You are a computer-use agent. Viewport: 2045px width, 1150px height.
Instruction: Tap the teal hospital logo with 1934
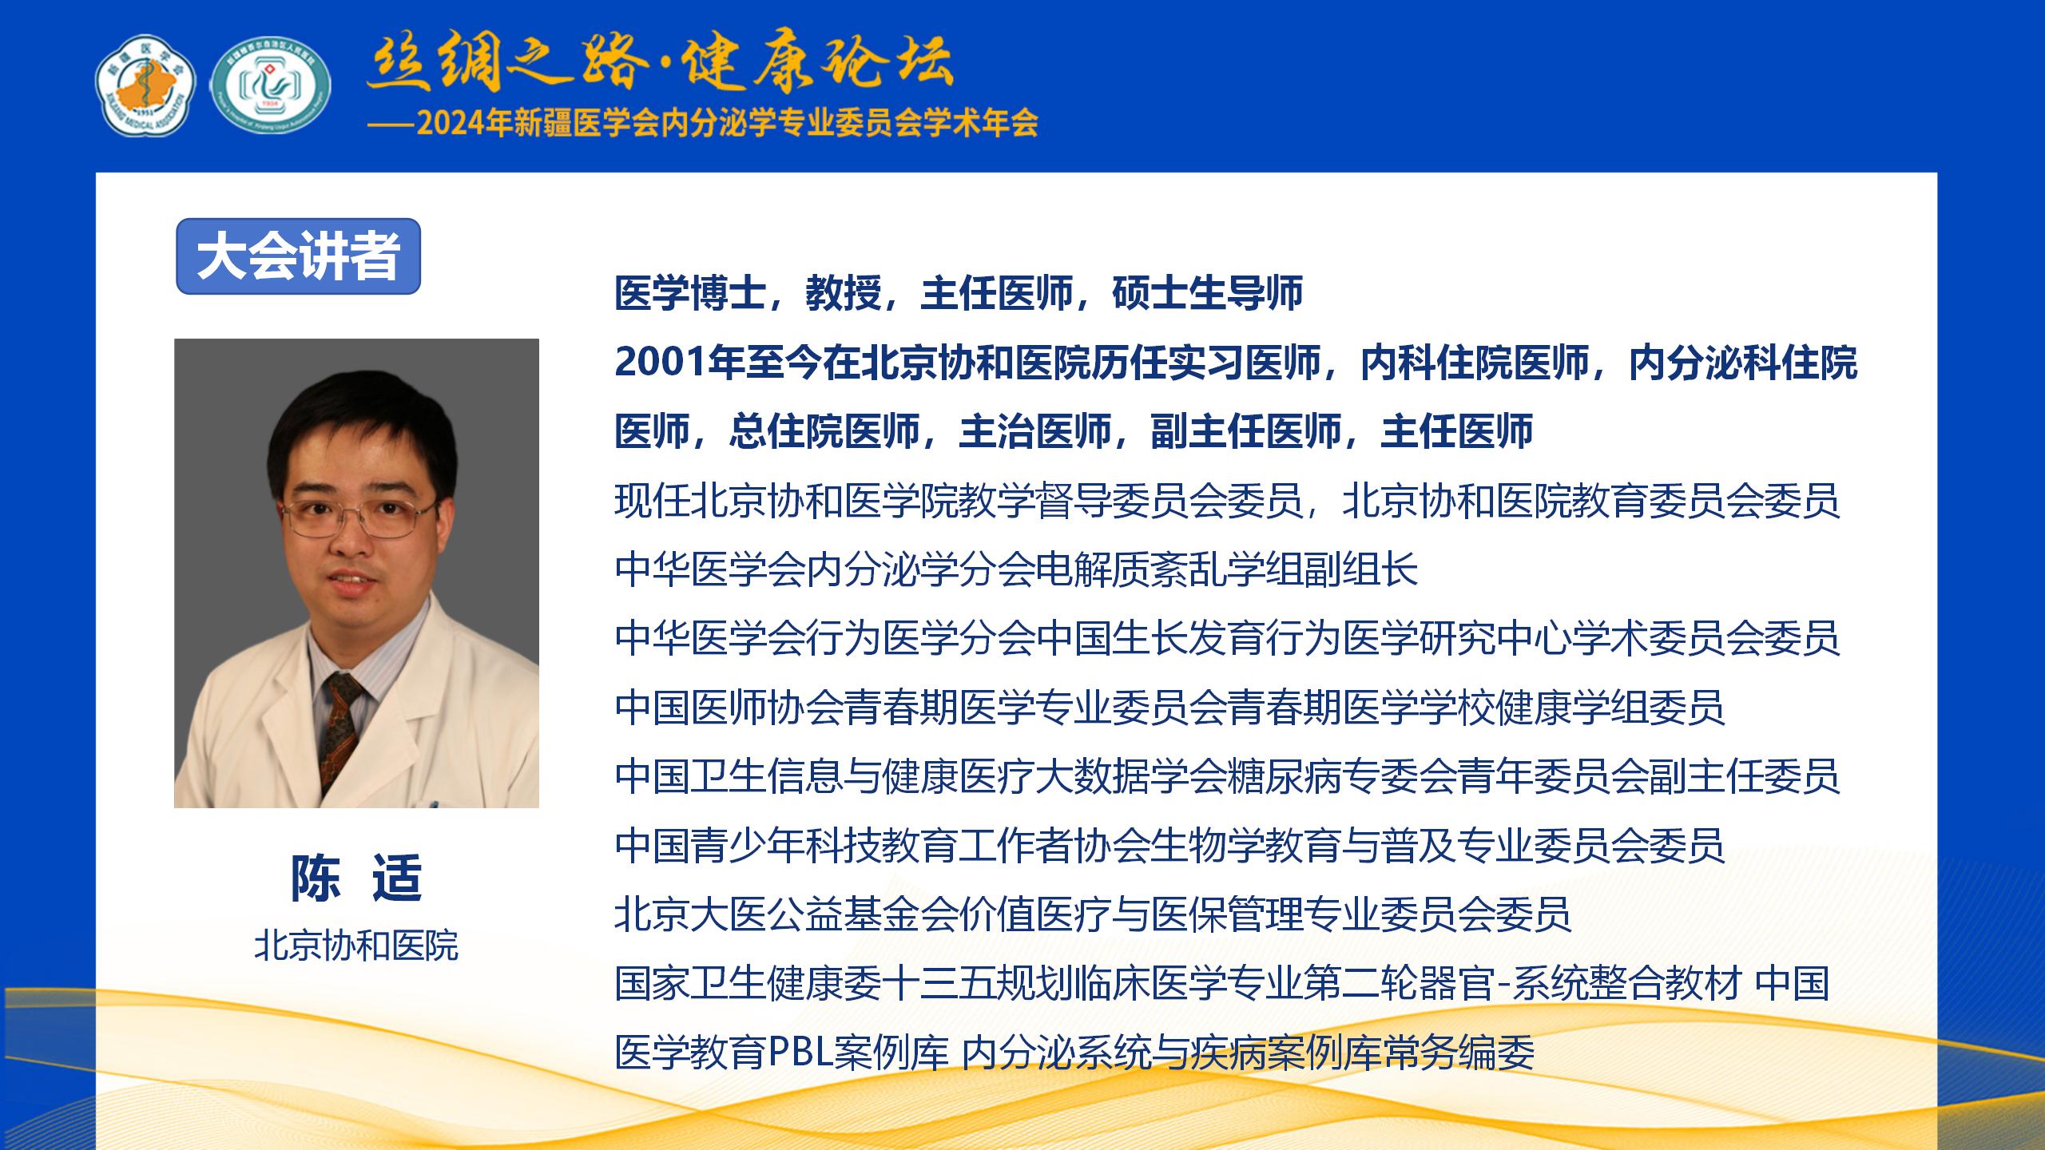(x=271, y=85)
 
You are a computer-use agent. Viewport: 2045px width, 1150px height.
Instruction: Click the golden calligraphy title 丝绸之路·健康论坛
(x=660, y=61)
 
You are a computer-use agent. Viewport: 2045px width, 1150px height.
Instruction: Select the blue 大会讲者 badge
(x=298, y=256)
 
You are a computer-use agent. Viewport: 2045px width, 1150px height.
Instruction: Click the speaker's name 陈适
(x=356, y=878)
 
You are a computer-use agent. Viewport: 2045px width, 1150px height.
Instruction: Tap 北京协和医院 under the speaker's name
(x=356, y=946)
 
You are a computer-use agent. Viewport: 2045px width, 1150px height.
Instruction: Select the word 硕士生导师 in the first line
(x=1208, y=293)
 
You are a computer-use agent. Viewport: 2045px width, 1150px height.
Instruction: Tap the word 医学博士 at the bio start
(x=691, y=293)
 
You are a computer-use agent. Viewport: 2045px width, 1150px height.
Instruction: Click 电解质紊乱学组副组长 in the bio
(x=1227, y=569)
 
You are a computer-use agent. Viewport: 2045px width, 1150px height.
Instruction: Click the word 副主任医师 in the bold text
(x=1246, y=432)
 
